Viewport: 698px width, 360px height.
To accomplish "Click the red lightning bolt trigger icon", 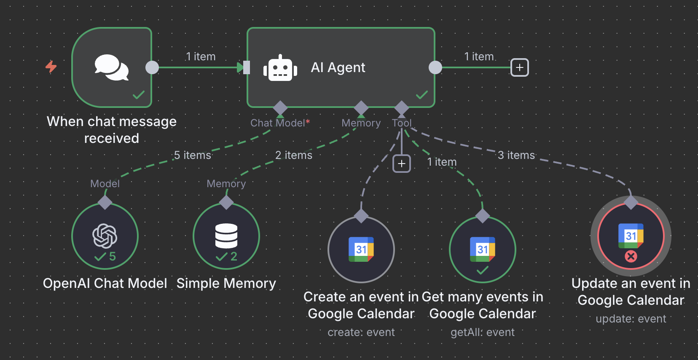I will (x=51, y=67).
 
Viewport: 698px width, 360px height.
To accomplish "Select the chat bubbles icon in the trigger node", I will (x=111, y=67).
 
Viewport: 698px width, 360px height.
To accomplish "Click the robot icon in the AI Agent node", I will (x=280, y=68).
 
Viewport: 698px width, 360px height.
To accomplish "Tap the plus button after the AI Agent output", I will (x=519, y=67).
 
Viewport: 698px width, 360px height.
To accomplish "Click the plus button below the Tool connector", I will (x=401, y=164).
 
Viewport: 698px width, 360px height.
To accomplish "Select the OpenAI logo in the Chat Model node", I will (x=105, y=235).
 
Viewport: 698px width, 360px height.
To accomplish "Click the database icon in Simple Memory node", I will (x=226, y=236).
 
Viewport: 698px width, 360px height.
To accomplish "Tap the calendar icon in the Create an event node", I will (x=361, y=249).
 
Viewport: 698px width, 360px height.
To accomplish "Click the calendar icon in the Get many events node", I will (x=483, y=249).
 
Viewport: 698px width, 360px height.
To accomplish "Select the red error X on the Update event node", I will (x=631, y=256).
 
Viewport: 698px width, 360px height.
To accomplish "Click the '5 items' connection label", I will (x=193, y=155).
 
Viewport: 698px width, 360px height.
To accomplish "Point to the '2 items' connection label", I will (x=294, y=155).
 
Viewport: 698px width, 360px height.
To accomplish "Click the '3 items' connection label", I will (x=516, y=155).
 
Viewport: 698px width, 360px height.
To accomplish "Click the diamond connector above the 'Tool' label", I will (x=402, y=107).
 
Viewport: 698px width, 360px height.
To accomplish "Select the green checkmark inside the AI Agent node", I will (x=421, y=95).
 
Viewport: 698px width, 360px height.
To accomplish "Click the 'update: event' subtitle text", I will (x=631, y=319).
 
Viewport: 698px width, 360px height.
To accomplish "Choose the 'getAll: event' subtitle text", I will (x=483, y=332).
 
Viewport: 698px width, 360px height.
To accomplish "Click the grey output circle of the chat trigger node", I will (x=152, y=67).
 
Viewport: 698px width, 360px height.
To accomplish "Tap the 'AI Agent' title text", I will (x=338, y=67).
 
